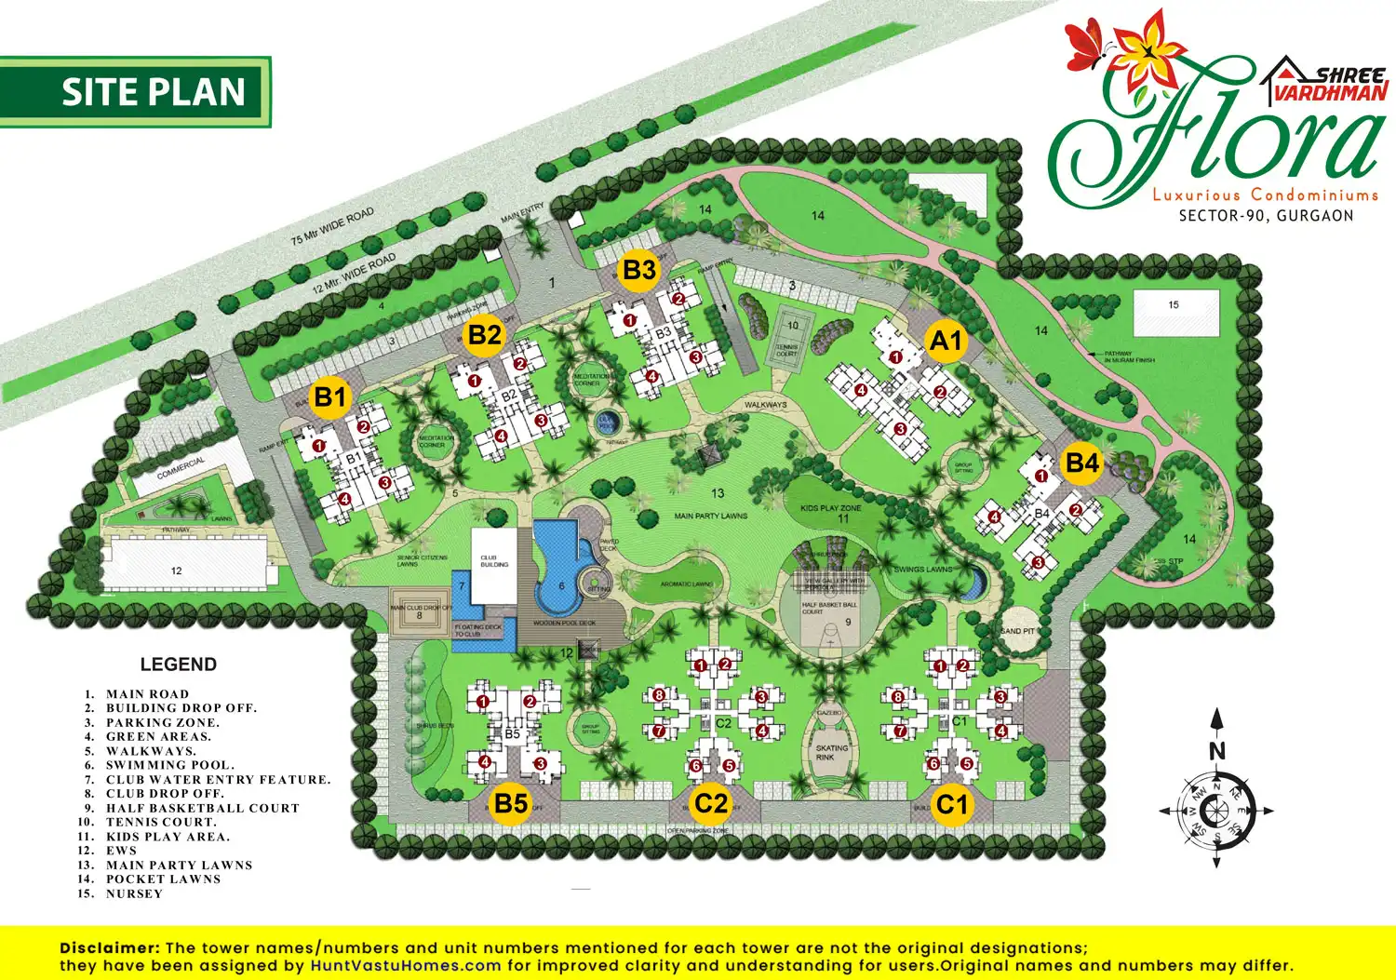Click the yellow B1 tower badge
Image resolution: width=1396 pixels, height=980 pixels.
click(329, 397)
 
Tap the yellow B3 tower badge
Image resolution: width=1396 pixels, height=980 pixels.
click(639, 270)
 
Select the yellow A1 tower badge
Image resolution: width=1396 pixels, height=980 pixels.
click(946, 341)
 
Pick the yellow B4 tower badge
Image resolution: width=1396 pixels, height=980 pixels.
click(1081, 463)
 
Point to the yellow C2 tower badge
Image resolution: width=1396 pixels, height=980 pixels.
click(711, 803)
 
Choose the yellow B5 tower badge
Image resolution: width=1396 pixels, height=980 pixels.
click(511, 802)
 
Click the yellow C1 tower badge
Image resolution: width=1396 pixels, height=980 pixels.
click(952, 803)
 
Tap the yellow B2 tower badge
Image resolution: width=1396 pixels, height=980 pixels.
click(485, 334)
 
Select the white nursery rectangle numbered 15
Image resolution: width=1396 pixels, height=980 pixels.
click(1175, 312)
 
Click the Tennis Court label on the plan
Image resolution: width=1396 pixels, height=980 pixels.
click(787, 351)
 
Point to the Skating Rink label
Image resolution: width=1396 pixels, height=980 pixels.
click(831, 752)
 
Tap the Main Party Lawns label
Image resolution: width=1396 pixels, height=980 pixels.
click(711, 515)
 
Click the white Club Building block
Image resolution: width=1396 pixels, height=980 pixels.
click(493, 566)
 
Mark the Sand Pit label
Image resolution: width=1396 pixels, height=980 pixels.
click(1017, 631)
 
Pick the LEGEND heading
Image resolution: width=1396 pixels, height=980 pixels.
click(178, 665)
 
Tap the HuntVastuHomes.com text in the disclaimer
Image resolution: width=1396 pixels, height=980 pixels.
click(406, 965)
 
